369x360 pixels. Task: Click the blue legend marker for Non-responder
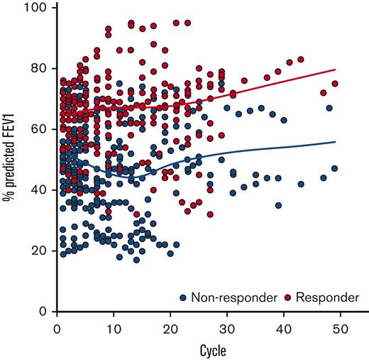click(184, 297)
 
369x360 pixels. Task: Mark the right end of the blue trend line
click(335, 142)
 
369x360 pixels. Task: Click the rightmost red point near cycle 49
click(335, 84)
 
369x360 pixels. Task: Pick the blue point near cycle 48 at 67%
click(329, 108)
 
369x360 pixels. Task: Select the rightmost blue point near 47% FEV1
click(334, 169)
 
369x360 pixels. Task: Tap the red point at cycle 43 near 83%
click(301, 60)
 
